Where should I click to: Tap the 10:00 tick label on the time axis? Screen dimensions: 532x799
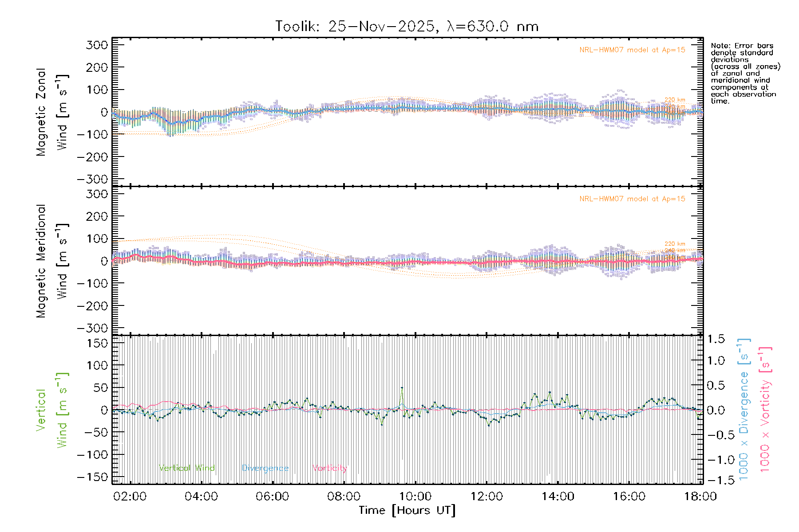point(415,496)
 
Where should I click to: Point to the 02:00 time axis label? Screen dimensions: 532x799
point(130,496)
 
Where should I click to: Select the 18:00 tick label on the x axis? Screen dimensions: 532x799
point(700,496)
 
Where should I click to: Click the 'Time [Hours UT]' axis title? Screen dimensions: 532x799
point(407,510)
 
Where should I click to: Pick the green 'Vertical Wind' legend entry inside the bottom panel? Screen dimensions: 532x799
point(186,468)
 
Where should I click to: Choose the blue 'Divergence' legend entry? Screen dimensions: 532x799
point(265,468)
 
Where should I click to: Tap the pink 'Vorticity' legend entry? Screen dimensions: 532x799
point(329,468)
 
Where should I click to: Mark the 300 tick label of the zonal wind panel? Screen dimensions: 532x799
point(97,45)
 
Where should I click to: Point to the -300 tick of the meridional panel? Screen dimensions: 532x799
point(93,328)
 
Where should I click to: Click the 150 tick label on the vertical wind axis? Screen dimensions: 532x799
point(97,343)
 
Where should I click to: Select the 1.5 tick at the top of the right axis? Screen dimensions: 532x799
point(716,339)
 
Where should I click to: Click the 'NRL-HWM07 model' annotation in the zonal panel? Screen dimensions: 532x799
point(632,50)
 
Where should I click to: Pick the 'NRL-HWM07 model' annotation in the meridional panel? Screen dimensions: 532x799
point(632,199)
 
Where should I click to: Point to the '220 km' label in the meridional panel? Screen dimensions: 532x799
point(675,244)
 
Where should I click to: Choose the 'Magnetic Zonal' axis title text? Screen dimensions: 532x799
point(41,112)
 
